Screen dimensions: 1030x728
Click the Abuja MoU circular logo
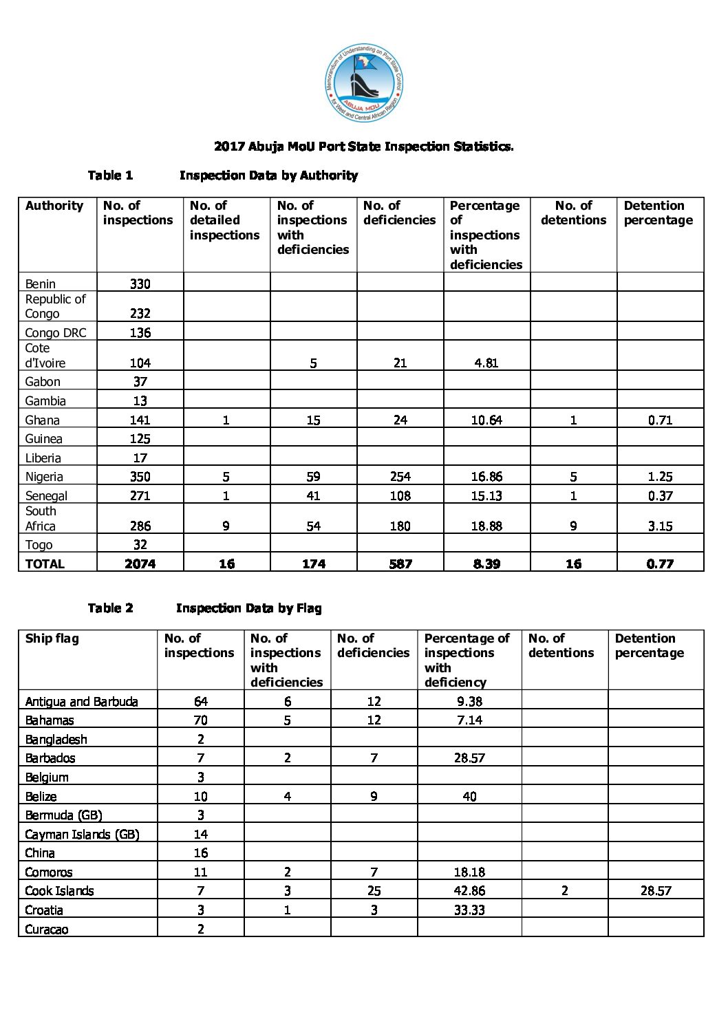[364, 85]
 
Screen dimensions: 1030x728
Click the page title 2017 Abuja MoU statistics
[364, 147]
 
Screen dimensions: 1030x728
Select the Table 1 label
[110, 175]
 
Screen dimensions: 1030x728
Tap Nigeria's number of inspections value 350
[140, 477]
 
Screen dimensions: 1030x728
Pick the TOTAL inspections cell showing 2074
[140, 564]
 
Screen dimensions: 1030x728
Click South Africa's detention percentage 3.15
[660, 526]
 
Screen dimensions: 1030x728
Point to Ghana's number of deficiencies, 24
[400, 420]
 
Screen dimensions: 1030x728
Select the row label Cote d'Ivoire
[45, 356]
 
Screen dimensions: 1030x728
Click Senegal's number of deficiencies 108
[400, 496]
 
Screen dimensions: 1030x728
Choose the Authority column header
[54, 206]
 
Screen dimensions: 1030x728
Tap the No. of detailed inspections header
[224, 220]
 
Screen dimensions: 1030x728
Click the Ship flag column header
[52, 639]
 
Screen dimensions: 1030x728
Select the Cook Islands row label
[59, 891]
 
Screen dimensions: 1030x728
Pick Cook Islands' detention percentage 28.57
[656, 891]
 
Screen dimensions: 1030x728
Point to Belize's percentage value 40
[469, 797]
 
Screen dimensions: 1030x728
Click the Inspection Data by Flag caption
[248, 608]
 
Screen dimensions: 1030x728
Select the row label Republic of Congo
[56, 306]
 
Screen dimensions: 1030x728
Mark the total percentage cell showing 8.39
[486, 564]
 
